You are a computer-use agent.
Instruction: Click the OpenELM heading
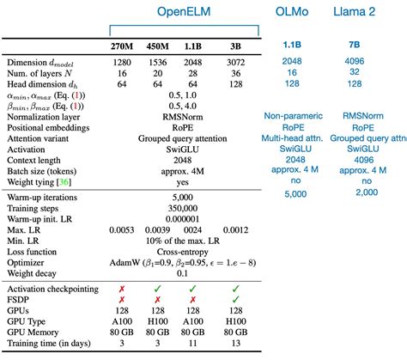coord(185,12)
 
